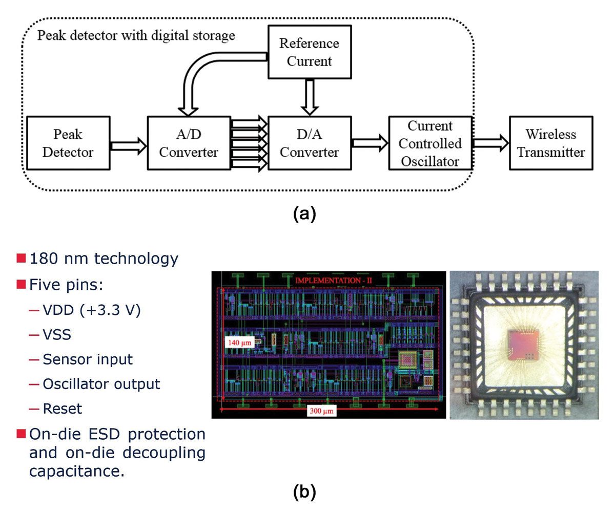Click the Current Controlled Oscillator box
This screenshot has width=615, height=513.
point(429,143)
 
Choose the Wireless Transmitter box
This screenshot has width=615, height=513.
point(550,143)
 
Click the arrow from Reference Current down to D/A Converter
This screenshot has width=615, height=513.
point(309,97)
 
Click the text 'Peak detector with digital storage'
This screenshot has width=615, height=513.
point(136,36)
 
